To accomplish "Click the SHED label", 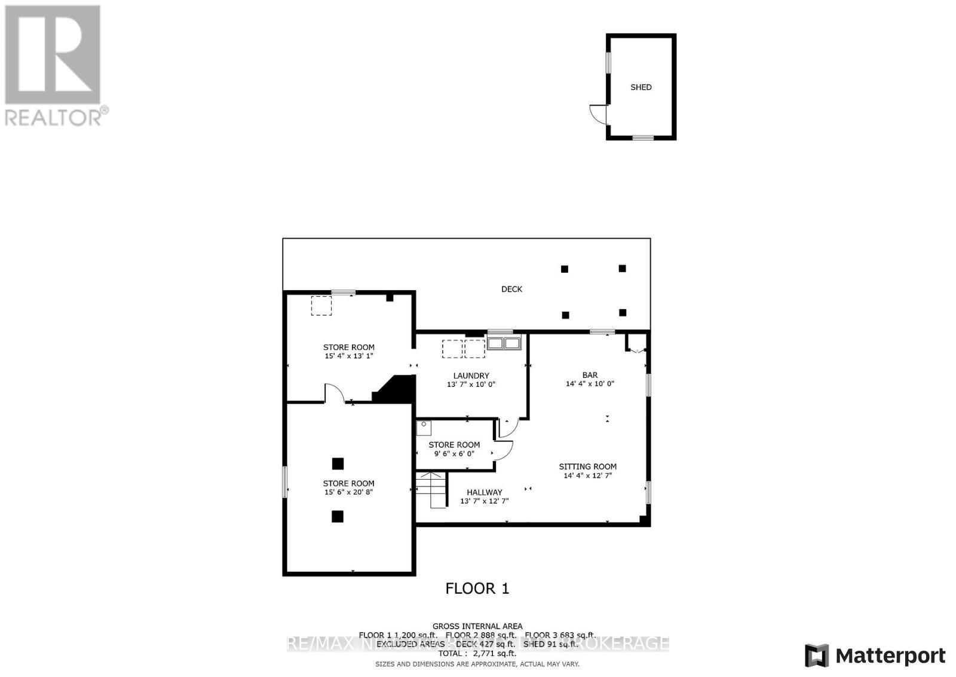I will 641,87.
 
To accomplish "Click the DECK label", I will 511,289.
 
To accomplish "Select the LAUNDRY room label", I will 471,376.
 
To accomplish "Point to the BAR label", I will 590,376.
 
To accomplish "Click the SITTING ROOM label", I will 588,466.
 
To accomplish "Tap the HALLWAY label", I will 484,493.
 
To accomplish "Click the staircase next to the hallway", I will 431,490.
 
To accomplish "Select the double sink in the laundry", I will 504,343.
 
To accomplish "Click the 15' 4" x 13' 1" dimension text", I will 349,356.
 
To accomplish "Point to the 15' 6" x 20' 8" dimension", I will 349,492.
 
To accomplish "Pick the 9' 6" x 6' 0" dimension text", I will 454,454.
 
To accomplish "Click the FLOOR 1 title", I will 477,588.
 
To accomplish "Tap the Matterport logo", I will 875,656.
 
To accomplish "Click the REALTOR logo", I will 54,65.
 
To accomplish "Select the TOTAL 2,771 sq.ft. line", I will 477,654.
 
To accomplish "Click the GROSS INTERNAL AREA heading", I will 477,626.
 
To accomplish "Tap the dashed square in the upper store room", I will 321,306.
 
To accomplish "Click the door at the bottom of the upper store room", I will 334,393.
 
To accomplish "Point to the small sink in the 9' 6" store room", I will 424,428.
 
